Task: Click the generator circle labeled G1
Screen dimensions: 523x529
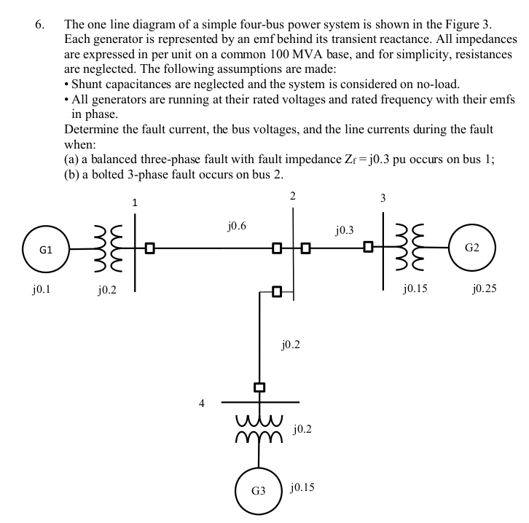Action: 45,248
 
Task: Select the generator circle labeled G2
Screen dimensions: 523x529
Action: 472,248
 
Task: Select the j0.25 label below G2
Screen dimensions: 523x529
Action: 483,289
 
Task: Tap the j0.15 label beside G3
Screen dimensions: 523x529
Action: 302,485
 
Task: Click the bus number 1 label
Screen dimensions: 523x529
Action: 135,202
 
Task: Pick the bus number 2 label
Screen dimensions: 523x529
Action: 292,196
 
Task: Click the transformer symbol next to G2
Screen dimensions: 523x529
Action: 413,248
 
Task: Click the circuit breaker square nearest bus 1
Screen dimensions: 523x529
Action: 149,248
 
